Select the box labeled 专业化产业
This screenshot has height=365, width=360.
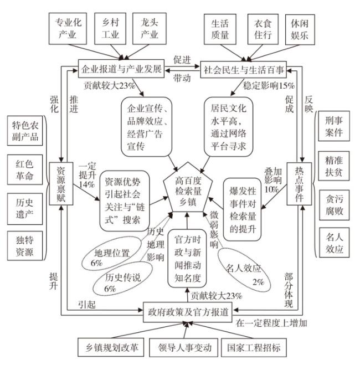68,29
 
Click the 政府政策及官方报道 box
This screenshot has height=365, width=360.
187,311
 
